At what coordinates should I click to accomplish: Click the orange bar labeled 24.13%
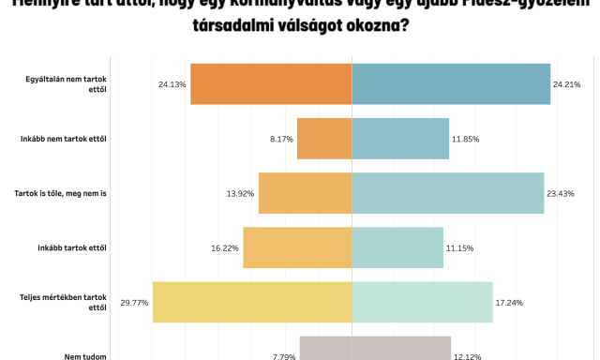coord(271,83)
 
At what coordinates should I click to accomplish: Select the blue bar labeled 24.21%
coord(451,83)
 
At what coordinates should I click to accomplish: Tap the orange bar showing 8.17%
coord(324,139)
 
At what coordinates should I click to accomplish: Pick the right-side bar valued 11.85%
coord(400,139)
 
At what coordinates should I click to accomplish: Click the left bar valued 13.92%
coord(306,193)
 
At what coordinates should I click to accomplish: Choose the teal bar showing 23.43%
coord(448,193)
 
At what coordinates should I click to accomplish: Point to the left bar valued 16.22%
coord(297,247)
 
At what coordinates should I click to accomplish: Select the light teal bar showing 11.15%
coord(397,247)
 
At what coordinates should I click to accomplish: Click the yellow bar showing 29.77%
coord(252,302)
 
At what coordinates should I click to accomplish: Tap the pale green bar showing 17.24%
coord(423,302)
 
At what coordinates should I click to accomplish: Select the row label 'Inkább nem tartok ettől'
coord(64,139)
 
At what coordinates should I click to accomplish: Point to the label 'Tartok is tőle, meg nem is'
coord(62,193)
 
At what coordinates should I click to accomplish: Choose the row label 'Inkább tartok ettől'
coord(72,247)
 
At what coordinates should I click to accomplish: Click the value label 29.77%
coord(134,303)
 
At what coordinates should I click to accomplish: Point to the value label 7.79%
coord(284,356)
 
